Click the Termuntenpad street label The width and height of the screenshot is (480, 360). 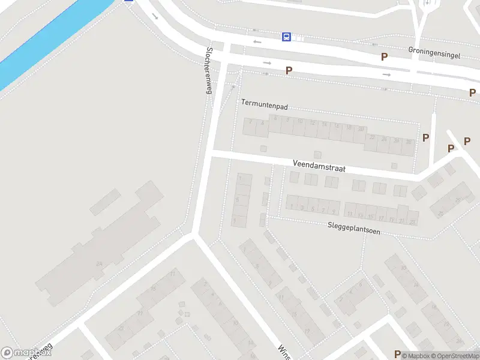pyautogui.click(x=265, y=104)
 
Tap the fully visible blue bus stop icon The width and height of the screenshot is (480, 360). pyautogui.click(x=286, y=37)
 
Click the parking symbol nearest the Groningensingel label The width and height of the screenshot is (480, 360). pyautogui.click(x=385, y=56)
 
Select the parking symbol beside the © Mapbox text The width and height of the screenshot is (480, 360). pyautogui.click(x=397, y=354)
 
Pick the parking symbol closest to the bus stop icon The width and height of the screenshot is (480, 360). pyautogui.click(x=289, y=70)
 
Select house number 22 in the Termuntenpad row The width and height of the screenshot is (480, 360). pyautogui.click(x=372, y=139)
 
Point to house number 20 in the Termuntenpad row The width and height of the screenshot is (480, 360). pyautogui.click(x=361, y=129)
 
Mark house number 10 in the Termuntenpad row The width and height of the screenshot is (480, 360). pyautogui.click(x=300, y=122)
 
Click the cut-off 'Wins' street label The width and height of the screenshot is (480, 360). pyautogui.click(x=283, y=352)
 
